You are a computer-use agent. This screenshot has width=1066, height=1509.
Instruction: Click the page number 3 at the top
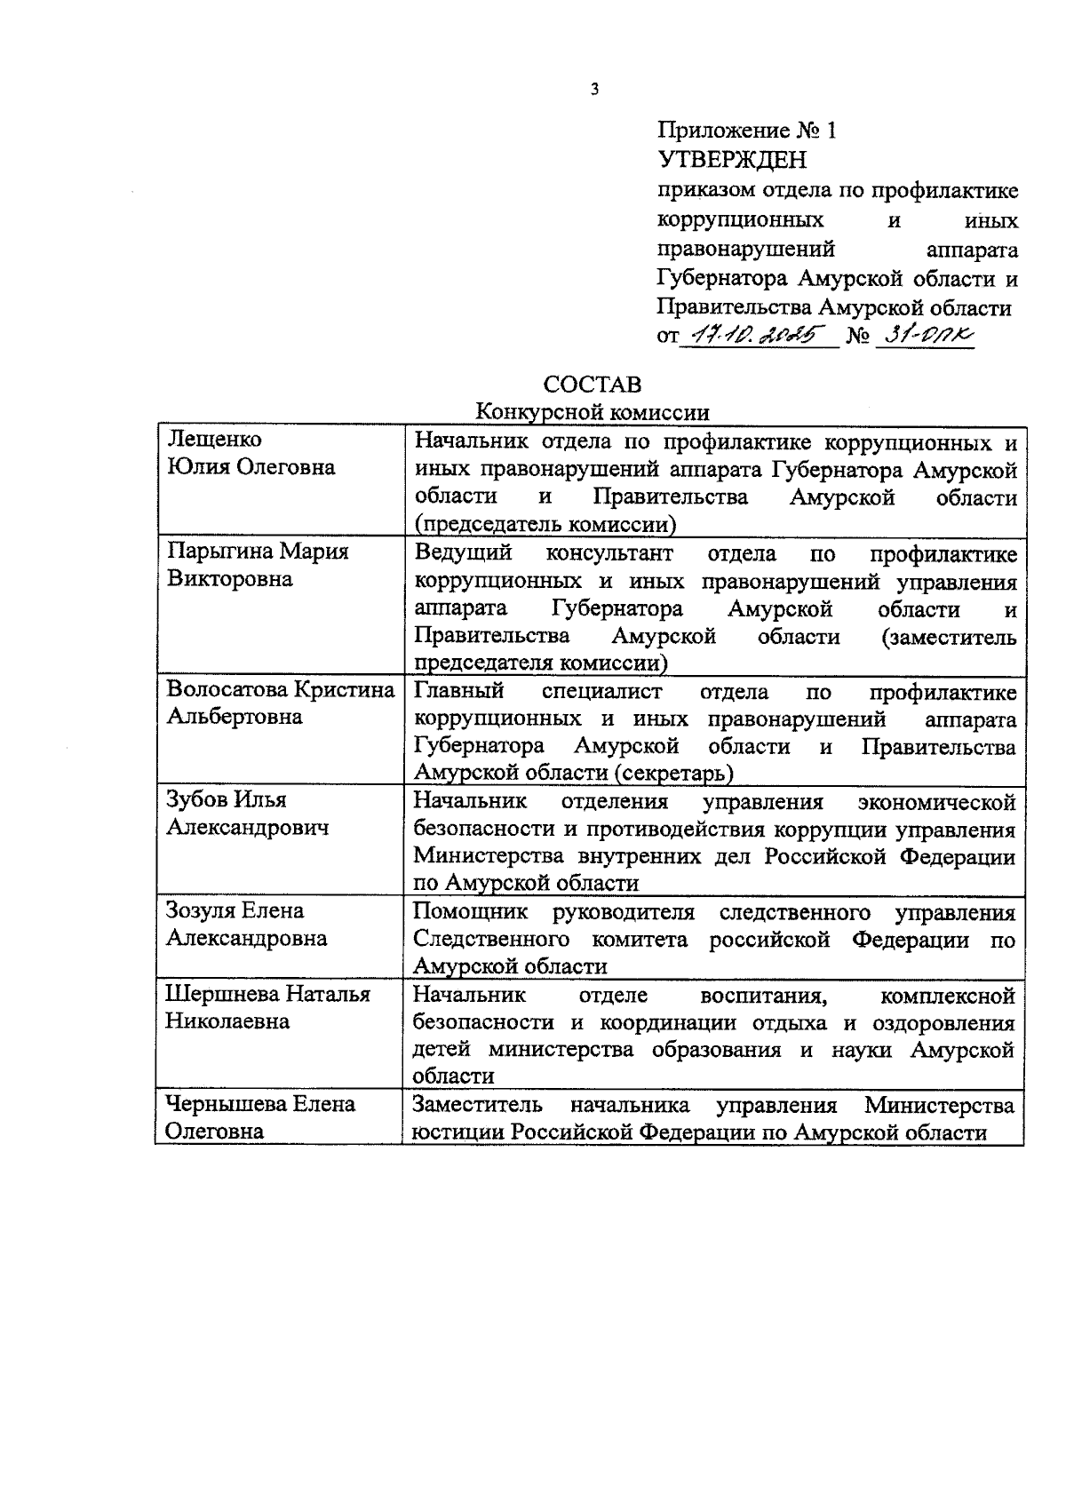pyautogui.click(x=594, y=89)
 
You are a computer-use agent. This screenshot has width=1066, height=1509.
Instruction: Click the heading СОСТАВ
pyautogui.click(x=592, y=385)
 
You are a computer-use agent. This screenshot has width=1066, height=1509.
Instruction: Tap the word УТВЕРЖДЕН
pyautogui.click(x=732, y=161)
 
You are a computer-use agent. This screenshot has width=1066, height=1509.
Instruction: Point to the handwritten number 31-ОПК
pyautogui.click(x=925, y=336)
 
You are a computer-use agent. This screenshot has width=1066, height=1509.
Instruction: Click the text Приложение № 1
pyautogui.click(x=746, y=131)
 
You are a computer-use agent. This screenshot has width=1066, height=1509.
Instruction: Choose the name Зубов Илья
pyautogui.click(x=227, y=799)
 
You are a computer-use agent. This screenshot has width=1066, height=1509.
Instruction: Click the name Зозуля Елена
pyautogui.click(x=235, y=910)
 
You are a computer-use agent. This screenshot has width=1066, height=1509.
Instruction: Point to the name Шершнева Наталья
pyautogui.click(x=268, y=994)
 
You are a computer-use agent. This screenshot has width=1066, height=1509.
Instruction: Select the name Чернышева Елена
pyautogui.click(x=260, y=1104)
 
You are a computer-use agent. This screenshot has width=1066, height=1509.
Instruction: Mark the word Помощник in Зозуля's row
pyautogui.click(x=471, y=912)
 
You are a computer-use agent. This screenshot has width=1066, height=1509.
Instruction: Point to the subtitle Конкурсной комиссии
pyautogui.click(x=592, y=412)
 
